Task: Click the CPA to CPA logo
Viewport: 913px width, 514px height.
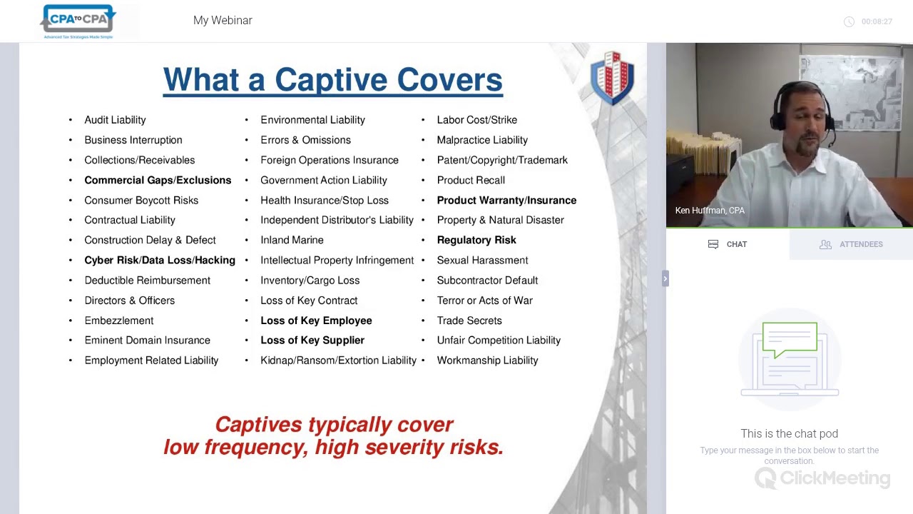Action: (78, 21)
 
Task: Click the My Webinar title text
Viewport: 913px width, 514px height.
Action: (223, 21)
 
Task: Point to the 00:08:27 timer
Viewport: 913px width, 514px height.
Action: (876, 21)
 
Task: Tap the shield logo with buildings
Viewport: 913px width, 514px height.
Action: (612, 77)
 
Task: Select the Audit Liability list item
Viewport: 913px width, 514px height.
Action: (115, 120)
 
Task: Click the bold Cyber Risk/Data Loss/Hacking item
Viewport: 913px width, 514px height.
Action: (160, 261)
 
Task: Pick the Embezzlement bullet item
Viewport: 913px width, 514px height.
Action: (119, 321)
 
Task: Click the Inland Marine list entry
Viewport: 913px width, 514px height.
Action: (292, 241)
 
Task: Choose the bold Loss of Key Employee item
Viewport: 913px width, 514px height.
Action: (316, 321)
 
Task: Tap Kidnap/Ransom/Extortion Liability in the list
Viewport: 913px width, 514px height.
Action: (338, 361)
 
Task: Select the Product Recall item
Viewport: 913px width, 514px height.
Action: (471, 181)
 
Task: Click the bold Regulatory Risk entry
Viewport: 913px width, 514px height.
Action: (476, 241)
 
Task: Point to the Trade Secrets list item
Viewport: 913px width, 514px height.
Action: (469, 321)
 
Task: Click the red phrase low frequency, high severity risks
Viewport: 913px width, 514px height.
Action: (334, 448)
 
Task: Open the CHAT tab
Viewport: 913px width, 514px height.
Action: (728, 244)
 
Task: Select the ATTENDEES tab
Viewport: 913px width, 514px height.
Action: (852, 244)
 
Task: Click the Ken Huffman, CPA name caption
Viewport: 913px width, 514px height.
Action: (710, 211)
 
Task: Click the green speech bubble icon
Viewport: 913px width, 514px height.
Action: (790, 340)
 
